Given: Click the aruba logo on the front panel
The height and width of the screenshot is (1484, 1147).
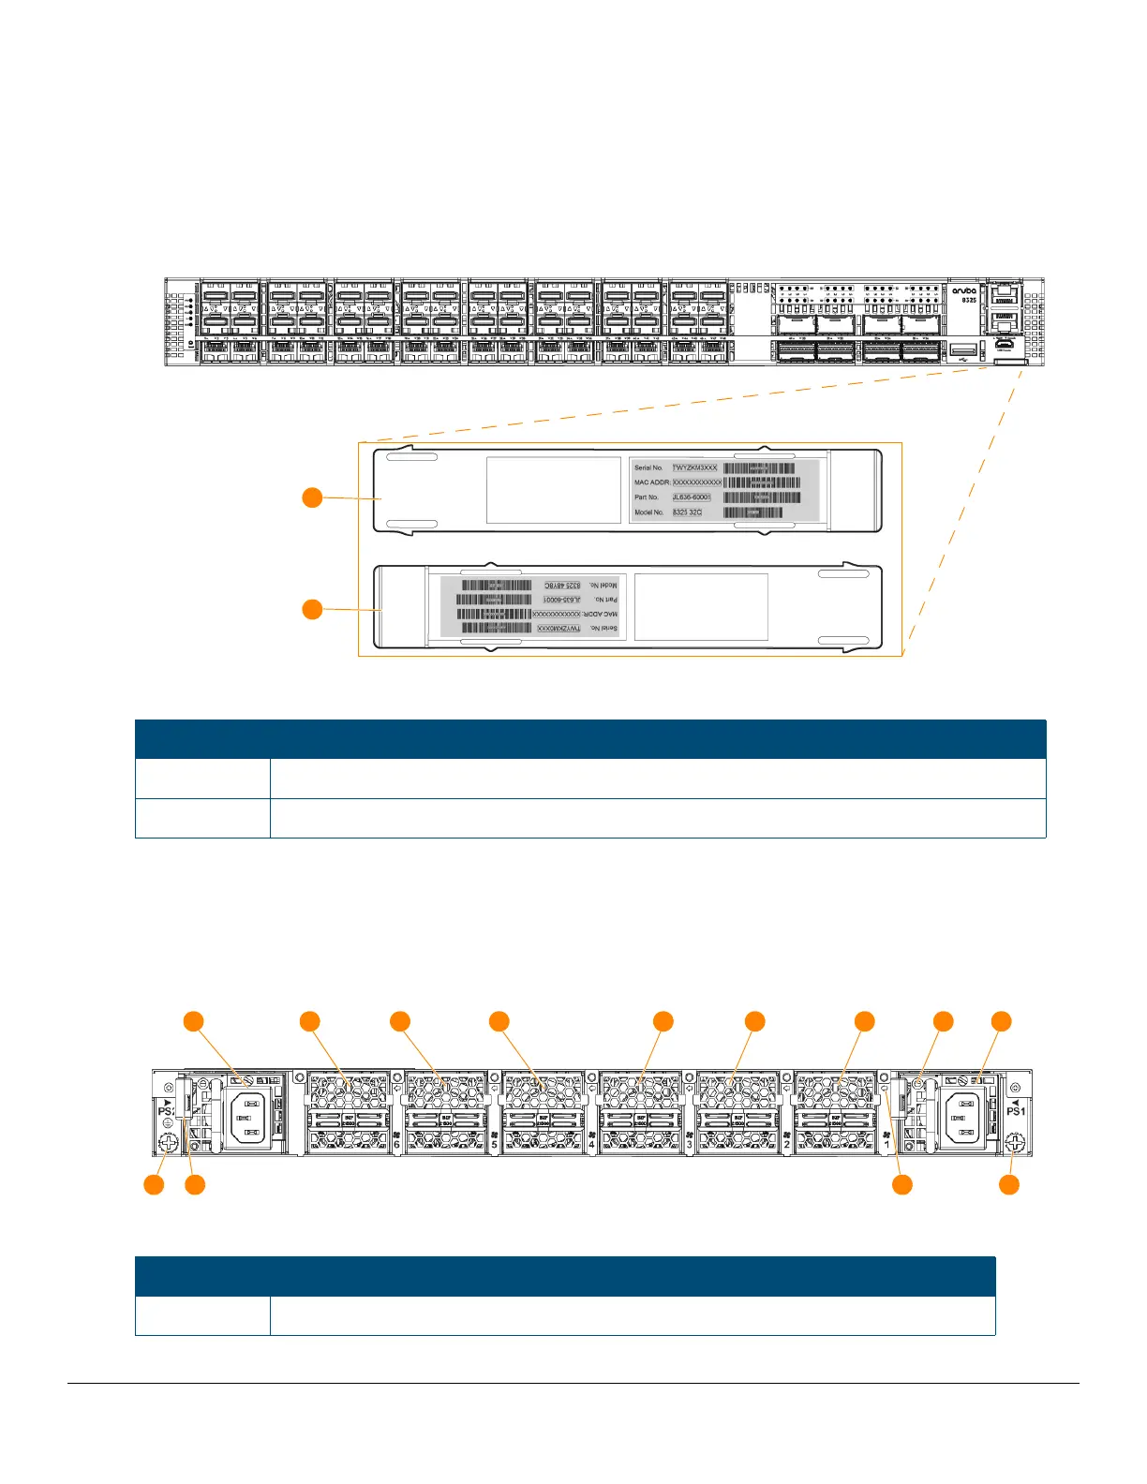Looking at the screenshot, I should (963, 290).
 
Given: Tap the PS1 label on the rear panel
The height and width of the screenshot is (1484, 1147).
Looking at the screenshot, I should (1016, 1111).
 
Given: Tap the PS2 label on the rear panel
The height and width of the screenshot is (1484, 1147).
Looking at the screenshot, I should (166, 1111).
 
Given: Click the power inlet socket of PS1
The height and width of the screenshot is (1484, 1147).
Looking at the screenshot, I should (964, 1119).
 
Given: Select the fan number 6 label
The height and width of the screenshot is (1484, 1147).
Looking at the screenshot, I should (397, 1144).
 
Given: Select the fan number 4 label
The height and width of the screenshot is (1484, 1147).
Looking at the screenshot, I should (591, 1144).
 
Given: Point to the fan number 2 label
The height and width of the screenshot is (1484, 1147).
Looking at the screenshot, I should (786, 1144).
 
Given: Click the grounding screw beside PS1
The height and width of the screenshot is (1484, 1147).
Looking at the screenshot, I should (1013, 1143).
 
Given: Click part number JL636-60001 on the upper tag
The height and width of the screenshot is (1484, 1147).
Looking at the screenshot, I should (692, 497).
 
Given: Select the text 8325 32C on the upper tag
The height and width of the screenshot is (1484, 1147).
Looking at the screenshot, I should (687, 512).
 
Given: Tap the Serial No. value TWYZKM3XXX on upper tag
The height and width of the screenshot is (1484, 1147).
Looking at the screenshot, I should (694, 467).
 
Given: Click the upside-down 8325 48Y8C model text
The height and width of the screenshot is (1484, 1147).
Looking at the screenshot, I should (561, 585).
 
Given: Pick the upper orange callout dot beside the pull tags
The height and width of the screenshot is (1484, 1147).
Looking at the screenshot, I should (312, 497).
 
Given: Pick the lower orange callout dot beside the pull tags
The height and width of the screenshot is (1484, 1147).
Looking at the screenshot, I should (312, 610).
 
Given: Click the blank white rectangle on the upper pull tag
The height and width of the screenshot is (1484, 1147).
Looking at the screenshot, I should (554, 490).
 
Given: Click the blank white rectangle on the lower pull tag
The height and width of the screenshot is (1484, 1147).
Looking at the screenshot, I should (701, 607).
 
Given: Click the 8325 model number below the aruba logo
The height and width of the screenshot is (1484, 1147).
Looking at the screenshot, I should (969, 301).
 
